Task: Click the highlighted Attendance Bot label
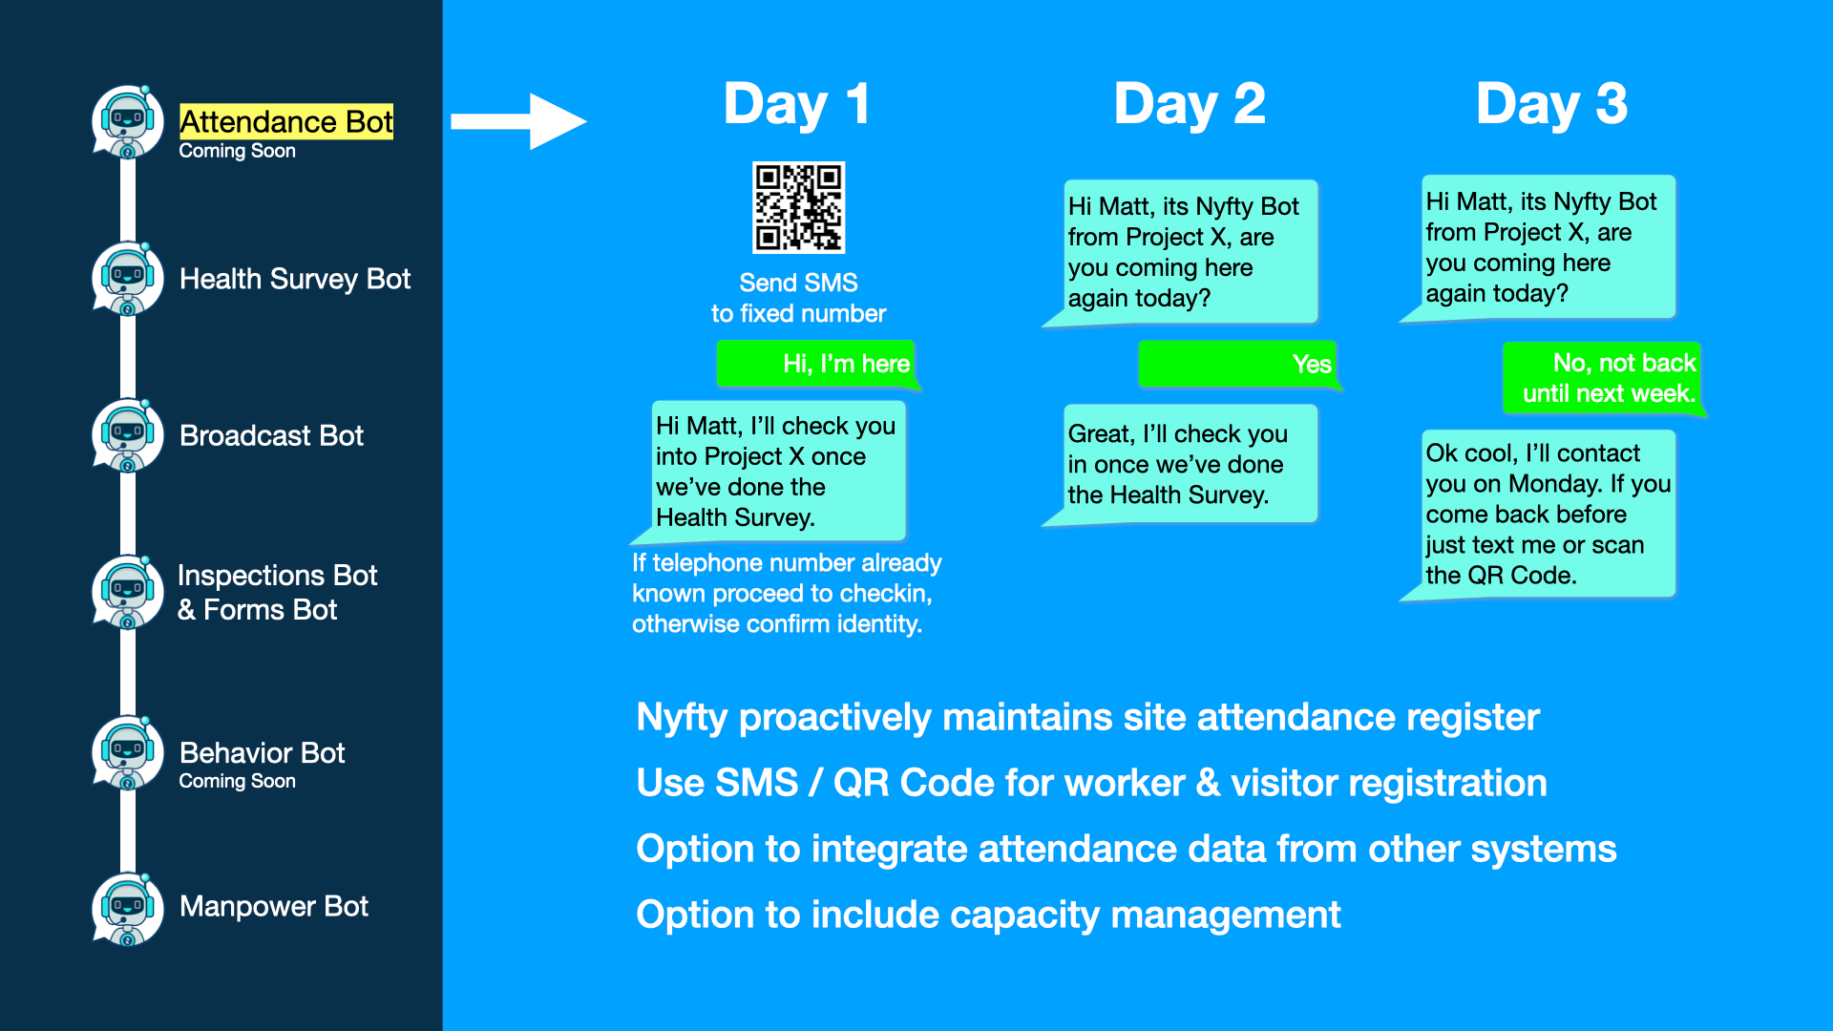[285, 122]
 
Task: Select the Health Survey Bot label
[294, 279]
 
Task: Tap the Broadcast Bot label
[271, 435]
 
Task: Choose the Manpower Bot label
[273, 906]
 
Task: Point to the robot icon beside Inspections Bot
[127, 592]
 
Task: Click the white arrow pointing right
[517, 121]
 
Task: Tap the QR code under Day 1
[798, 207]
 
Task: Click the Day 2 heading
[1189, 104]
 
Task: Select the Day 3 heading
[1550, 104]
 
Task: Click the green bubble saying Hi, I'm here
[817, 364]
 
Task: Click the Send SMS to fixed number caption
[798, 298]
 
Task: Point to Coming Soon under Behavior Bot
[237, 781]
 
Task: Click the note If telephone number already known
[785, 593]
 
